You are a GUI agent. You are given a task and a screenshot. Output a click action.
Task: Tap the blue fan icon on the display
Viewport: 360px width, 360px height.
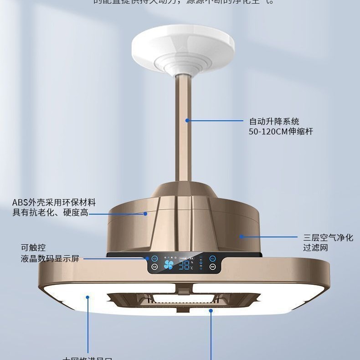click(169, 265)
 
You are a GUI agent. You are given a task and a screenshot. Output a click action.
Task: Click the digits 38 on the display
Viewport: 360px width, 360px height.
click(184, 265)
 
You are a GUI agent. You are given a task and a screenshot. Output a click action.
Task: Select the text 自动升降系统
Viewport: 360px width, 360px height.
click(274, 122)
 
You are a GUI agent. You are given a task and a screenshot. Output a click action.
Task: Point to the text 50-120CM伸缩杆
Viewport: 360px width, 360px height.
click(281, 132)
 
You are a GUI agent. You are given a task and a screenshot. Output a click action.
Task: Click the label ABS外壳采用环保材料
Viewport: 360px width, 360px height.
click(54, 203)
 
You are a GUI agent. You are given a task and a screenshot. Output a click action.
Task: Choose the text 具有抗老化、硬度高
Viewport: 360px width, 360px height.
click(50, 213)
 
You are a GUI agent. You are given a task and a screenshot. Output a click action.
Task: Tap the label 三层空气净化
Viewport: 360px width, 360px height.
click(328, 237)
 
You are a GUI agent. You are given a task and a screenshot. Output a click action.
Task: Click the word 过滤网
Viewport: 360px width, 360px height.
click(316, 248)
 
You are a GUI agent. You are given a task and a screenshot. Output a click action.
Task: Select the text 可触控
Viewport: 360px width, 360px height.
click(33, 248)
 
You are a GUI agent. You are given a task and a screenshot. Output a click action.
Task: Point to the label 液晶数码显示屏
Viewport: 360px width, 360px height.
click(50, 259)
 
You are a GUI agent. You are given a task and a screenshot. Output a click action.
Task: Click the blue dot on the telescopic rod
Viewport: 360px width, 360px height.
click(187, 121)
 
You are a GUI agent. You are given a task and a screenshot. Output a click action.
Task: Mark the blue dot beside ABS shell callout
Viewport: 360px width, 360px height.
click(145, 213)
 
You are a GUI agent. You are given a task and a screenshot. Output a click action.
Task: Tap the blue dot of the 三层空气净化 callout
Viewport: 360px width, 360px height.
click(242, 237)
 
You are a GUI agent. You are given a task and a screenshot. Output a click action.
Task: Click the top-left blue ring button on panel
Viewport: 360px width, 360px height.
click(155, 258)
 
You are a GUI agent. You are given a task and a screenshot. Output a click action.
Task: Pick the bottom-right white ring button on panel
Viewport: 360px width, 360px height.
click(212, 267)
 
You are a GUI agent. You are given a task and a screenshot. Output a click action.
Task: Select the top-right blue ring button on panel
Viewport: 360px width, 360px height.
click(212, 258)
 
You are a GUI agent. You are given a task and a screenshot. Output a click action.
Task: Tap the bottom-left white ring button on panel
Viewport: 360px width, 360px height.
click(155, 267)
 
